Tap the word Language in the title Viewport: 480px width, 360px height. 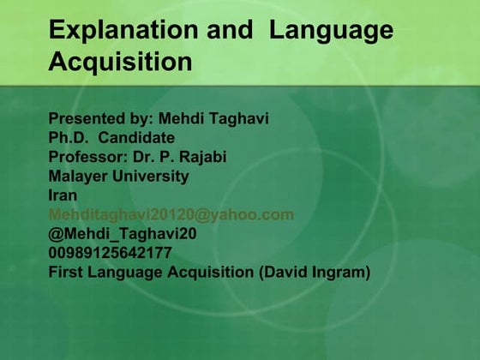pyautogui.click(x=331, y=31)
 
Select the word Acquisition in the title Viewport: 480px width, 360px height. pyautogui.click(x=121, y=63)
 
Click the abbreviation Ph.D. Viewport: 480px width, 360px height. pyautogui.click(x=69, y=137)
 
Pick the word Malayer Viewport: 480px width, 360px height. pyautogui.click(x=78, y=176)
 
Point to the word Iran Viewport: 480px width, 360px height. pyautogui.click(x=63, y=195)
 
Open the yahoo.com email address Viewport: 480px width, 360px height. pyautogui.click(x=171, y=214)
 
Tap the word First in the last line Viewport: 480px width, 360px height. pyautogui.click(x=65, y=273)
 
